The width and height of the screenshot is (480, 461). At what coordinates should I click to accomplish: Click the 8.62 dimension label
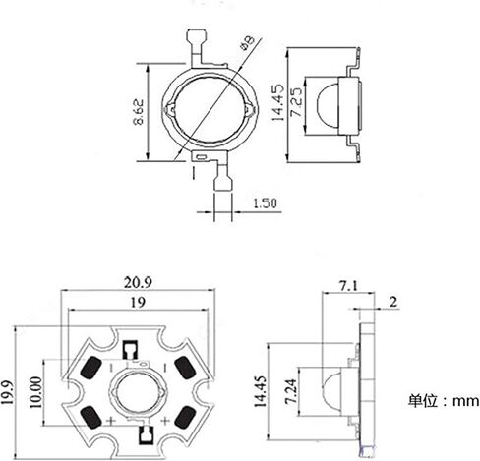tap(139, 112)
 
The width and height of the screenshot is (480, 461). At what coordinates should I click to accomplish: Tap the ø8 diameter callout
tap(247, 43)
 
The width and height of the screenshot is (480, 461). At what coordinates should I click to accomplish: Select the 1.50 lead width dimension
tap(265, 203)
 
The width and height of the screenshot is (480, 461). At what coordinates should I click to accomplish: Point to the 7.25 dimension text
tap(297, 102)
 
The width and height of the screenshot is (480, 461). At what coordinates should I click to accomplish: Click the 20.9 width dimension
tap(138, 282)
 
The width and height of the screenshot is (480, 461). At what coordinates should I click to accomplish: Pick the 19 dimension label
tap(138, 303)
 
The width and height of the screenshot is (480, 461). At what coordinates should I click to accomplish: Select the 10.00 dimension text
tap(36, 392)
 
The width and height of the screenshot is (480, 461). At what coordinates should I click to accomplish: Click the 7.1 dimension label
tap(348, 286)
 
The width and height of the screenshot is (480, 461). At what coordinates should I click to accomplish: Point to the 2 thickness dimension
tap(393, 302)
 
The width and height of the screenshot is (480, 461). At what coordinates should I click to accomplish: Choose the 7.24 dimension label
tap(290, 391)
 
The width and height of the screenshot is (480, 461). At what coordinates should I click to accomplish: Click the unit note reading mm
tap(465, 401)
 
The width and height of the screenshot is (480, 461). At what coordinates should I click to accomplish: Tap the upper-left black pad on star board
tap(90, 368)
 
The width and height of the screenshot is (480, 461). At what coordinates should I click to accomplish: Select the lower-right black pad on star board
tap(185, 417)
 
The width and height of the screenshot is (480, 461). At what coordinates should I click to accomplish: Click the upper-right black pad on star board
tap(185, 368)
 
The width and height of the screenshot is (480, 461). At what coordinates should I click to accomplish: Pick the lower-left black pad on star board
tap(90, 417)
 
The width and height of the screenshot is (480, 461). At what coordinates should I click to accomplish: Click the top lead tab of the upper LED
tap(196, 37)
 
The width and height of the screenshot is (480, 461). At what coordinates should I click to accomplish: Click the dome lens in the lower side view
tap(331, 391)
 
